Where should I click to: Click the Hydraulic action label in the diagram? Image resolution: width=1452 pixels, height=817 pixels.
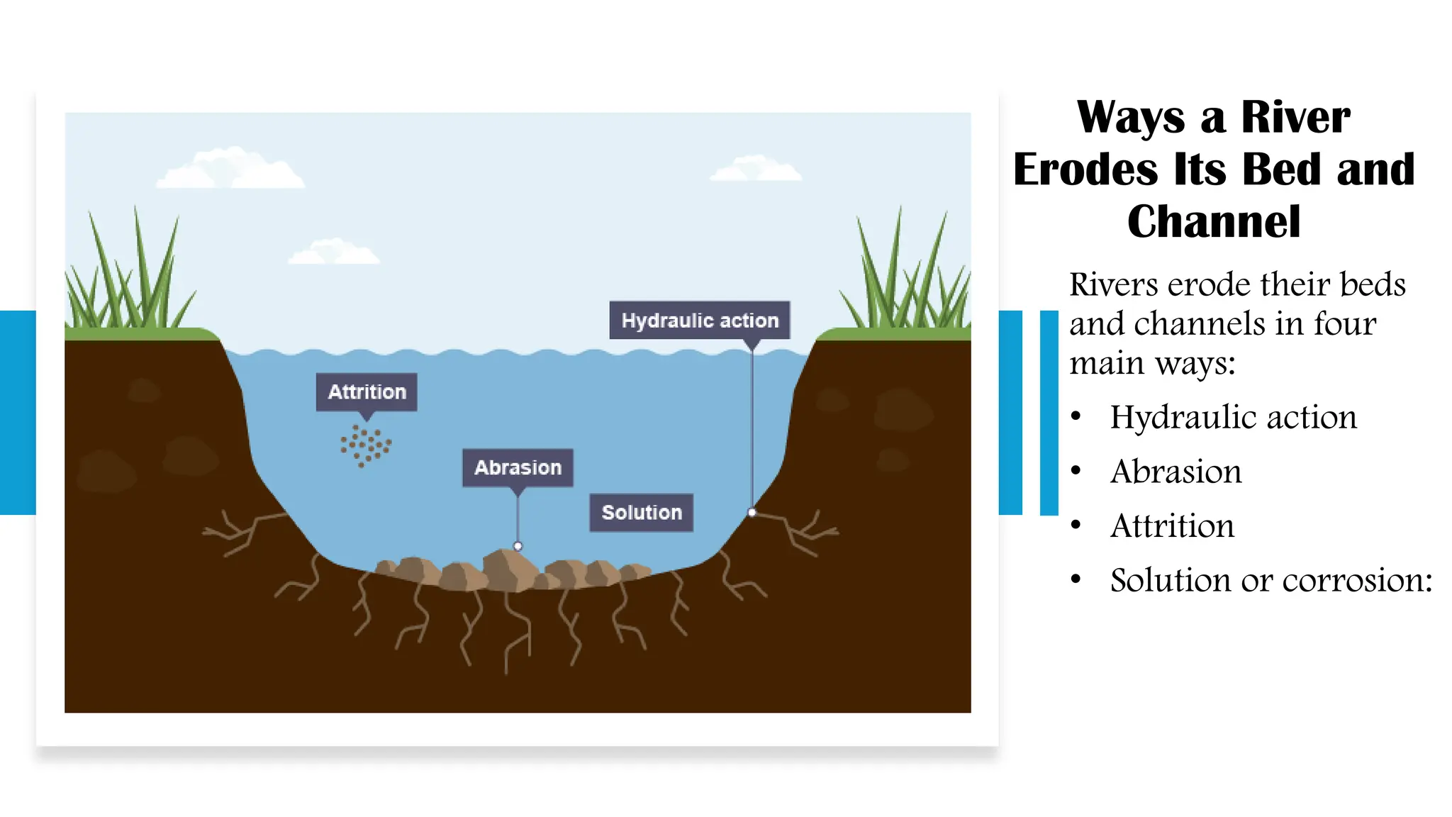coord(699,321)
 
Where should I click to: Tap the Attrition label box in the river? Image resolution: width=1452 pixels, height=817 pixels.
coord(367,392)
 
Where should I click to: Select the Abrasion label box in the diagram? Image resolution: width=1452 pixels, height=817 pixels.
coord(518,468)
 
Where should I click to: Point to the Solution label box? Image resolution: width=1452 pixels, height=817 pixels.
coord(641,513)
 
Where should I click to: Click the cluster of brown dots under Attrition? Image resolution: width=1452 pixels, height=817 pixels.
coord(365,445)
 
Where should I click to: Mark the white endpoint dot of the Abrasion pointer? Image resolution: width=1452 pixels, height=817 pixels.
coord(518,546)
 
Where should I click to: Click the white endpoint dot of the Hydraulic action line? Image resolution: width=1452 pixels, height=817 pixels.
coord(752,512)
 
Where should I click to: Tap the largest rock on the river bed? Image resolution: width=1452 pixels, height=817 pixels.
coord(510,569)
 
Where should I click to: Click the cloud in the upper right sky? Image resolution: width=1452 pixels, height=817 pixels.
coord(756,169)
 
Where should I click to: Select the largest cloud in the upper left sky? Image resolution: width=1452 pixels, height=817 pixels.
coord(230,170)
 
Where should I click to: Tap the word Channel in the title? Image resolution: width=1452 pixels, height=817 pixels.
coord(1214,222)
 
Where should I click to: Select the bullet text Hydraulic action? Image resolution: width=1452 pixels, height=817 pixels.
coord(1233,417)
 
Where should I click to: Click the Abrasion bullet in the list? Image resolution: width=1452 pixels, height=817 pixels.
coord(1175,472)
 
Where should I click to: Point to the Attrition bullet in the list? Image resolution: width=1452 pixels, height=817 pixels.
coord(1172,526)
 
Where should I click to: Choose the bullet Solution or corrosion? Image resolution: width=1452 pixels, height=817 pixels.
coord(1270,580)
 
